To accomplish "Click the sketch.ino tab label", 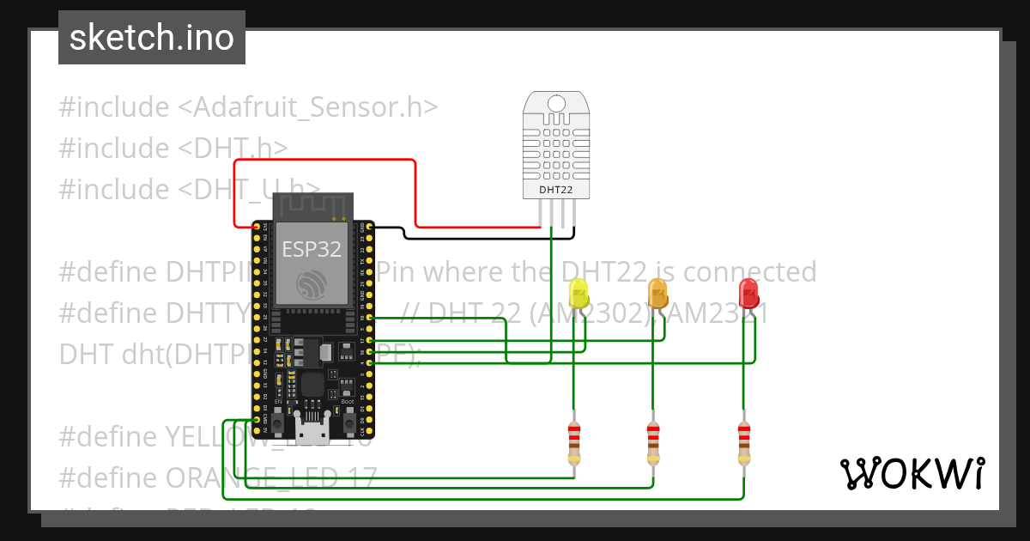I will [x=151, y=38].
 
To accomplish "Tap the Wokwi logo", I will [x=911, y=474].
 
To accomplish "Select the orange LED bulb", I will [x=657, y=294].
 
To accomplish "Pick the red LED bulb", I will [x=748, y=294].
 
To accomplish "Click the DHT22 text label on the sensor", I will [x=556, y=189].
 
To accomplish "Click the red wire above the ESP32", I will [x=326, y=160].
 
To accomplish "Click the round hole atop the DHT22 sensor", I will [x=556, y=103].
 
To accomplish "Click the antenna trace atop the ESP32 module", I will [x=312, y=206].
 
